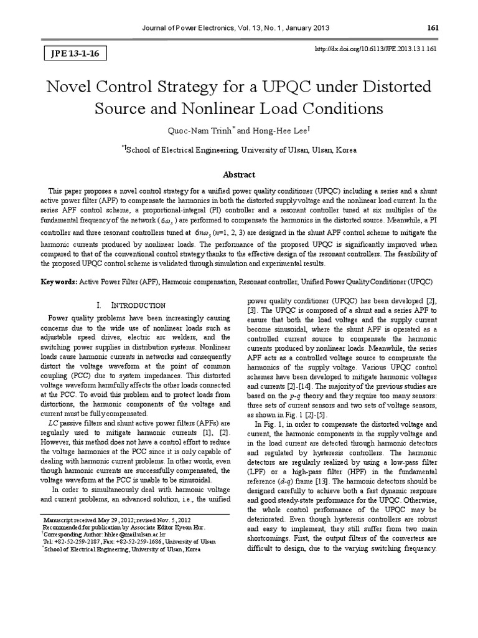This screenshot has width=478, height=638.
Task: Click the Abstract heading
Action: click(x=238, y=175)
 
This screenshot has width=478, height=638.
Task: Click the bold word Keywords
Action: click(x=59, y=282)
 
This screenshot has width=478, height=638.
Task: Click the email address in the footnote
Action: click(x=135, y=534)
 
